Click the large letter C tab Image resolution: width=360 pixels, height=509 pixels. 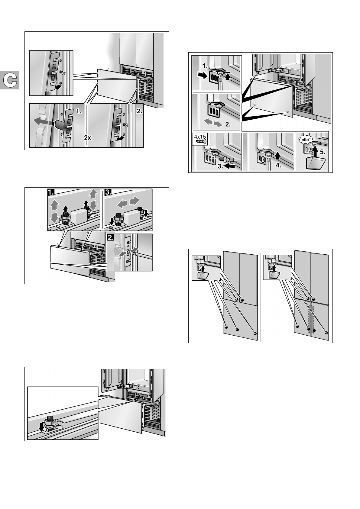tap(10, 80)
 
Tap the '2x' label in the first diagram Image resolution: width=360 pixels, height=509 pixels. tap(88, 137)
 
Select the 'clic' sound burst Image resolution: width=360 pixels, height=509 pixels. tap(305, 140)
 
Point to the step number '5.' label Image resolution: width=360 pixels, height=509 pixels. tap(323, 152)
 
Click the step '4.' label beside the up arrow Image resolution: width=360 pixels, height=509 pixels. tap(279, 165)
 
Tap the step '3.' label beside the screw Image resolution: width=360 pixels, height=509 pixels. tap(220, 166)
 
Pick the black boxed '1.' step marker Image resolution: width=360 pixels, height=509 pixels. tap(51, 192)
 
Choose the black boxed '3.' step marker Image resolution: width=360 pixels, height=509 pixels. tap(108, 192)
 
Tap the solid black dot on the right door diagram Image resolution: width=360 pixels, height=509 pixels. tap(314, 330)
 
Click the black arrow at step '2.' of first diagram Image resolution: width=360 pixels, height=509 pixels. tap(120, 138)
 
